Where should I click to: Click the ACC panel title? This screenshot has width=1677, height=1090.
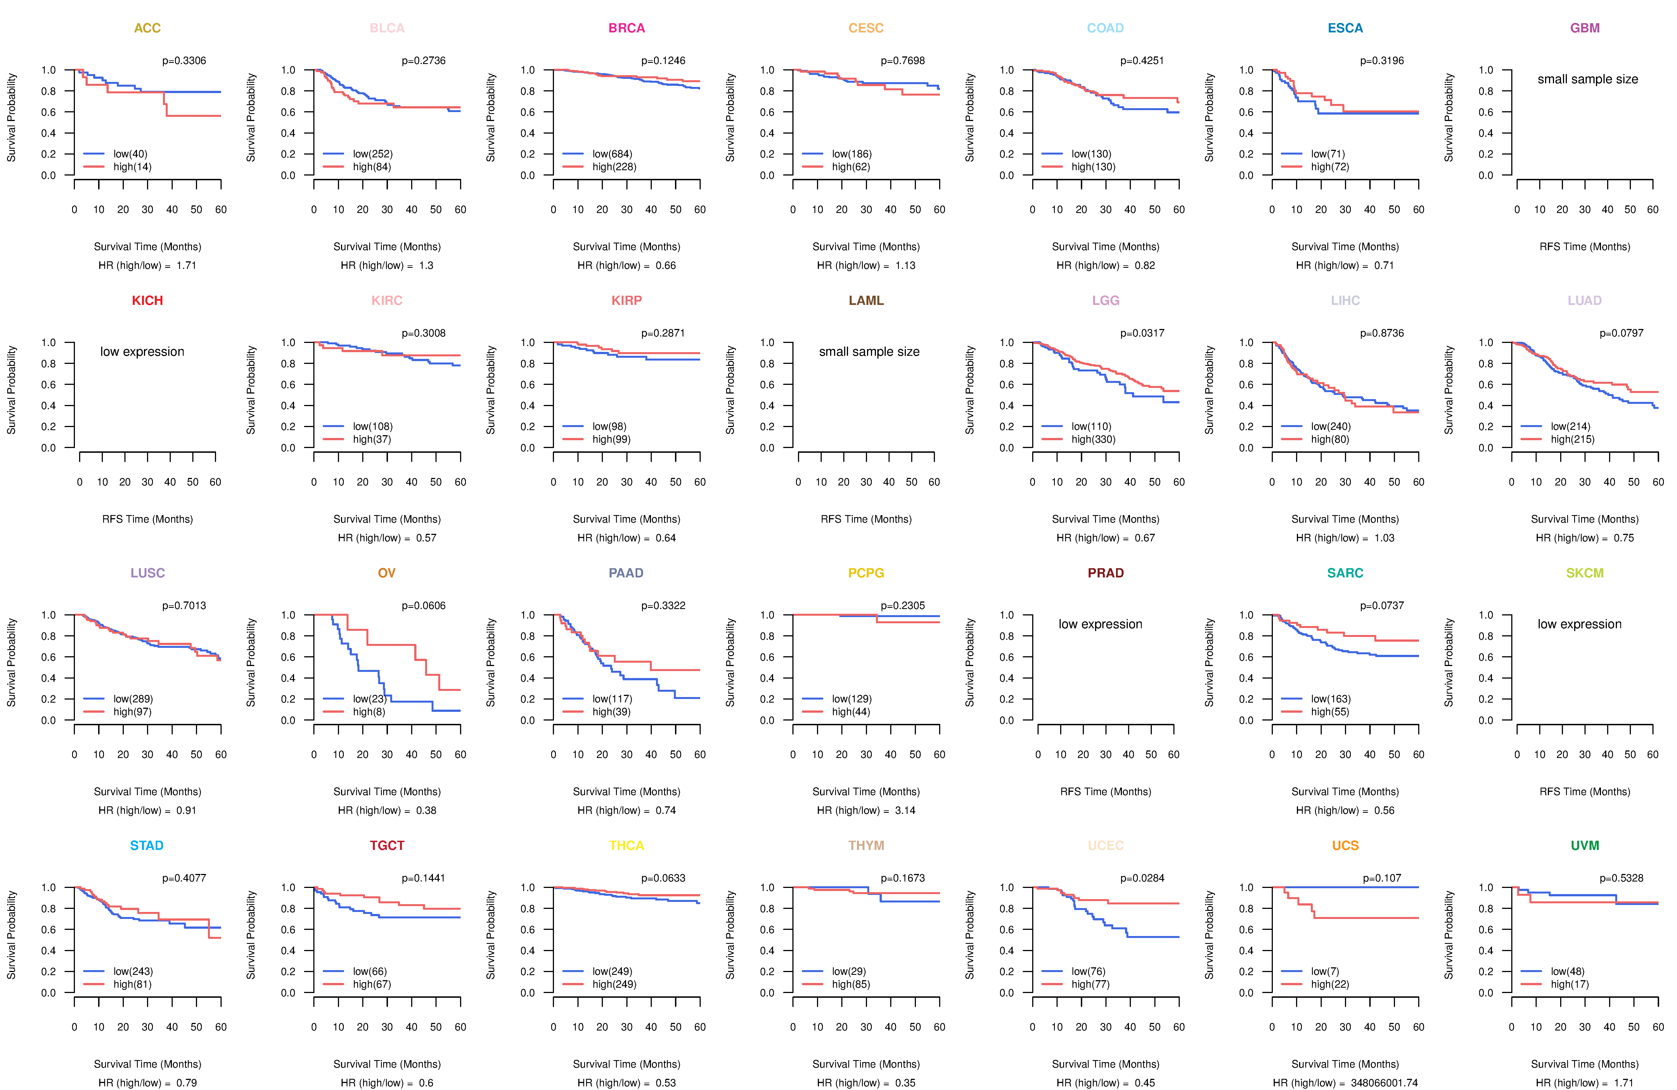tap(147, 28)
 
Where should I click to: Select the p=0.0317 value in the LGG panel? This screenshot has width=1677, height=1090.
tap(1142, 333)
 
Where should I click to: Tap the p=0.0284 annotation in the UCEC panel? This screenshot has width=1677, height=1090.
tap(1142, 878)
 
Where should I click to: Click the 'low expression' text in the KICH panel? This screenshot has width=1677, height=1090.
tap(142, 352)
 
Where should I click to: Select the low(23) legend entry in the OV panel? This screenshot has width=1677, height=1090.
tap(369, 699)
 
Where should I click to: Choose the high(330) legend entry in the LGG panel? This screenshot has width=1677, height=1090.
tap(1093, 439)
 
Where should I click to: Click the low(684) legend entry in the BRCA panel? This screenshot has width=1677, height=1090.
tap(612, 154)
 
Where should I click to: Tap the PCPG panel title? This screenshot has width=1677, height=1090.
tap(866, 573)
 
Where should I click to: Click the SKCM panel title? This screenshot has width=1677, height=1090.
tap(1585, 573)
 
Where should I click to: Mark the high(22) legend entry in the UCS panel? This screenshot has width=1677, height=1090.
tap(1330, 984)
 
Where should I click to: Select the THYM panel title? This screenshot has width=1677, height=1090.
tap(866, 845)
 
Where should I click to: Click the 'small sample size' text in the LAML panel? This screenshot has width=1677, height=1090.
tap(869, 352)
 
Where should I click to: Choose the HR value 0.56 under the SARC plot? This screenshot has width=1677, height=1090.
tap(1384, 810)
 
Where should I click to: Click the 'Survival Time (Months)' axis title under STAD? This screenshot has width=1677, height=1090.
tap(147, 1064)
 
